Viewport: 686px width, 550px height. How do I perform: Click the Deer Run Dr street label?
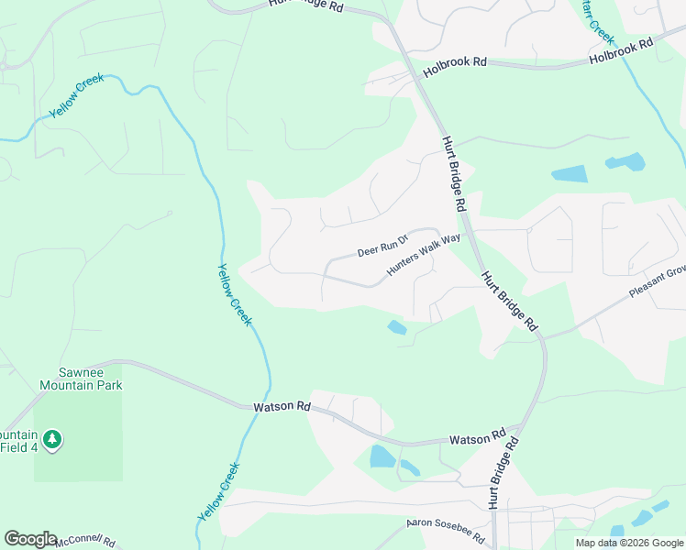tap(381, 248)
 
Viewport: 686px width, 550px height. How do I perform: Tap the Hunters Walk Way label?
tap(423, 255)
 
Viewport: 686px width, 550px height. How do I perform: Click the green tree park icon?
tap(53, 440)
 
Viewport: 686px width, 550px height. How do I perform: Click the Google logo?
tap(30, 539)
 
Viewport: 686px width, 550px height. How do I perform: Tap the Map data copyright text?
tap(628, 543)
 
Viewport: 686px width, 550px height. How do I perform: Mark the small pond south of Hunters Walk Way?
tap(397, 327)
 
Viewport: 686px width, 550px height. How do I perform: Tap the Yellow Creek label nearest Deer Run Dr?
tap(234, 293)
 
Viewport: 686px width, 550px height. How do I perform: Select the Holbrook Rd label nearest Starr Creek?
tap(621, 51)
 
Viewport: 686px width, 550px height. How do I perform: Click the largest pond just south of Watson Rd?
tap(382, 456)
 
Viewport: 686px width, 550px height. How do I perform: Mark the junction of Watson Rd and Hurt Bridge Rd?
tap(521, 427)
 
